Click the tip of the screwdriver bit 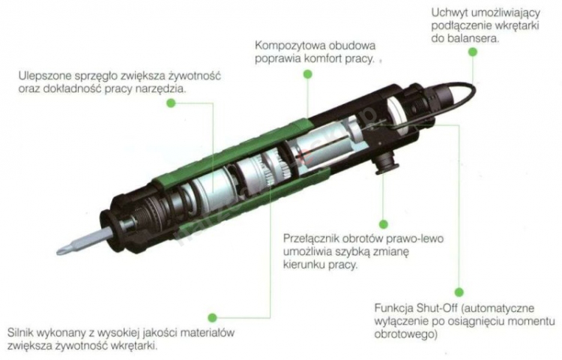tap(58, 252)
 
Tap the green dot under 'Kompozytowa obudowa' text tap(307, 74)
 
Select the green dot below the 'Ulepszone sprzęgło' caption tap(171, 103)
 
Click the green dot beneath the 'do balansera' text tap(473, 52)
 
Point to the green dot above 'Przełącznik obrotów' tap(384, 224)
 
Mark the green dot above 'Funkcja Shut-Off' tap(459, 292)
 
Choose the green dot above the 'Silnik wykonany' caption tap(213, 317)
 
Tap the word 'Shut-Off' tap(437, 308)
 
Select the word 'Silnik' tap(20, 332)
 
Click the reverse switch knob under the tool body tap(387, 163)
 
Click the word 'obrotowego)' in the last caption tap(405, 334)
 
